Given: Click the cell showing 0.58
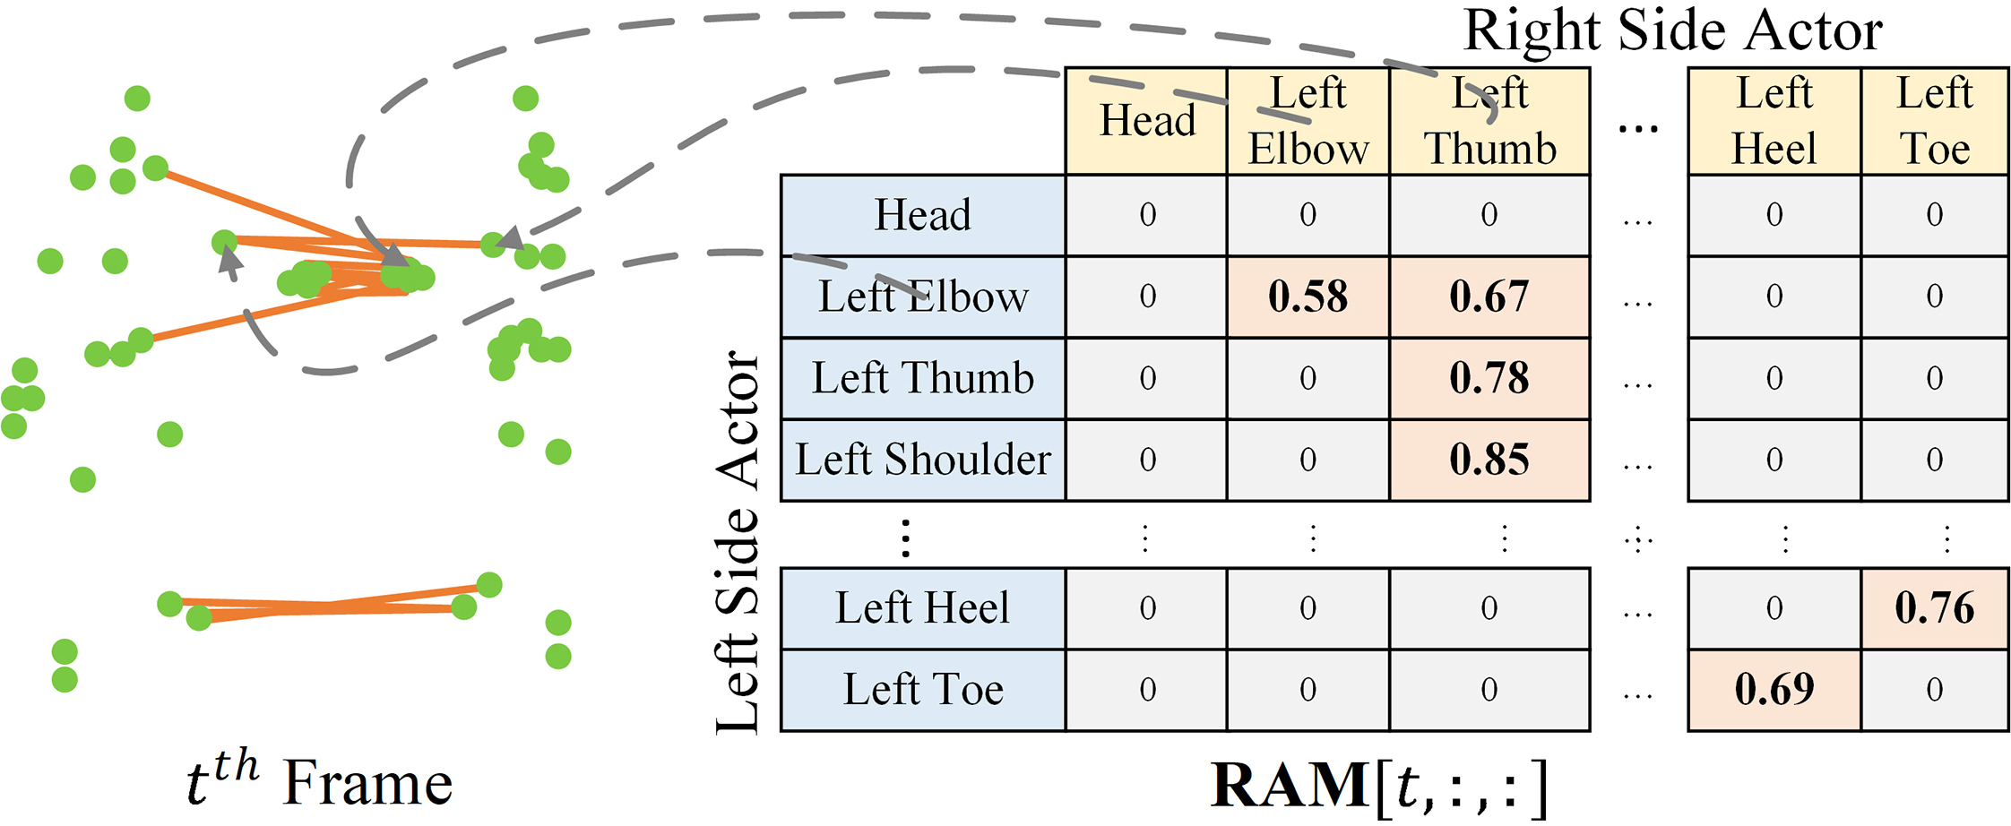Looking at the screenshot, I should (x=1308, y=297).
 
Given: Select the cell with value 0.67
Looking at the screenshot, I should (x=1489, y=297).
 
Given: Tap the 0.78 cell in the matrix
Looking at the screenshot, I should (x=1489, y=378).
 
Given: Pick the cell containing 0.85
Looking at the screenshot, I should (x=1489, y=460).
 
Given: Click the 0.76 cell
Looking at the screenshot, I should (x=1934, y=608).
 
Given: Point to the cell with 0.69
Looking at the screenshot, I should (x=1774, y=689).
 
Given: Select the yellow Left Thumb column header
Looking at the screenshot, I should (x=1489, y=121).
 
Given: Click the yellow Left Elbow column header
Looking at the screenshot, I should (x=1308, y=121).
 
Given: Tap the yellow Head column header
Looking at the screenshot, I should (x=1147, y=121).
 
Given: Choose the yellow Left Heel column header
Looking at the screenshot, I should (x=1774, y=121).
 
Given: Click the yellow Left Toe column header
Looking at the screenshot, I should (x=1934, y=121).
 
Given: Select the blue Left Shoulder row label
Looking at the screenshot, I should (x=923, y=460).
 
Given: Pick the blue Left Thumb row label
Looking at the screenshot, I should (x=923, y=378).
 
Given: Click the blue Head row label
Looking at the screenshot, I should (x=923, y=215).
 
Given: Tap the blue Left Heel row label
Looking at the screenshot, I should (x=923, y=608).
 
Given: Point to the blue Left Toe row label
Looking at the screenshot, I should (x=923, y=689).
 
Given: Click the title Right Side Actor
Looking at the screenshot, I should (x=1672, y=31).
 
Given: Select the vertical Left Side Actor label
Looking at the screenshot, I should (x=738, y=542).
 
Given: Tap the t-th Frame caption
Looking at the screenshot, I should (x=319, y=783).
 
